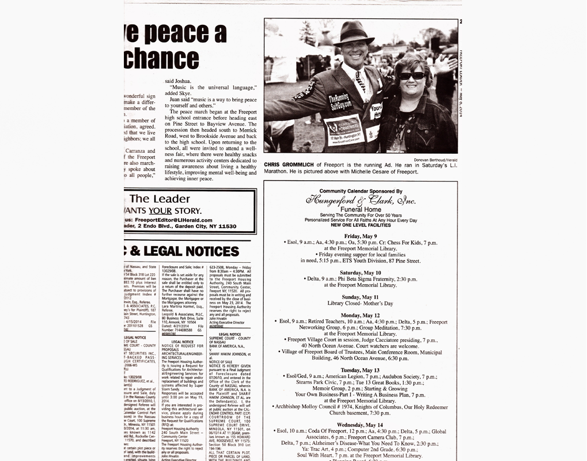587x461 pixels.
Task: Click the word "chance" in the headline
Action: [161, 58]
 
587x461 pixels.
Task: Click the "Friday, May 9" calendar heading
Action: [360, 236]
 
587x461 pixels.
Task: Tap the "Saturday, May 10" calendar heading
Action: [360, 273]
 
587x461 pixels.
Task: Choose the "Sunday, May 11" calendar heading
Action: [360, 297]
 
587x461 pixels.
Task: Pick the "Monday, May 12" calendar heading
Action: [360, 315]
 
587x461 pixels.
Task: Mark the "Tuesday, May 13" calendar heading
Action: [360, 370]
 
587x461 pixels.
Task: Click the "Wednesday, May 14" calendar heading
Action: [360, 425]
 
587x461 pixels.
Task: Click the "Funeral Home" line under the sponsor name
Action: [360, 210]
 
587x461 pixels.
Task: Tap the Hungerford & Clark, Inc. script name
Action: [361, 201]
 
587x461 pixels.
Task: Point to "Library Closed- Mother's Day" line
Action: [360, 303]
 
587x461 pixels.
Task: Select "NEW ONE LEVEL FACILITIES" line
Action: [360, 226]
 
